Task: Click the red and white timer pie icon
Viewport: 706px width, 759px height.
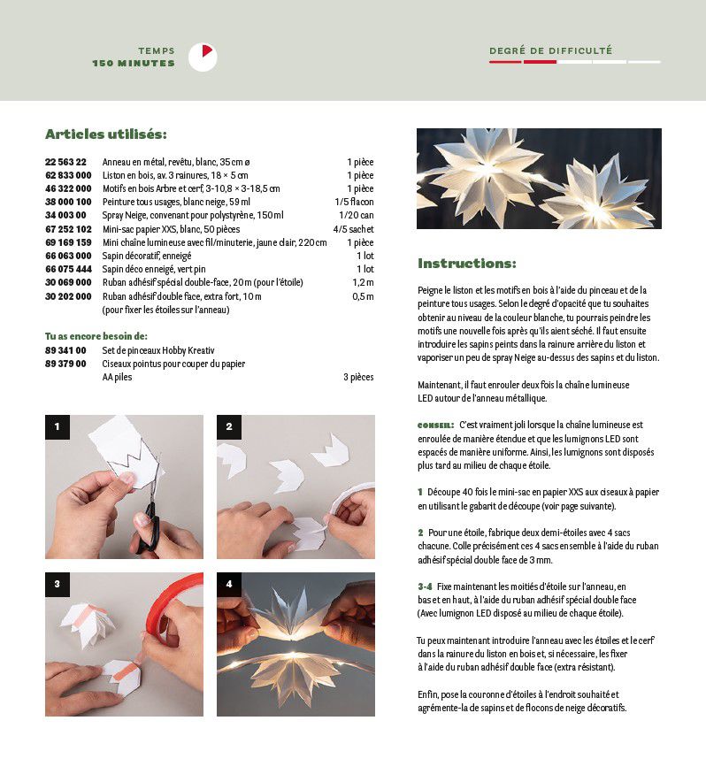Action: [x=203, y=57]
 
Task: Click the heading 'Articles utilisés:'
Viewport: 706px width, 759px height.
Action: [x=105, y=134]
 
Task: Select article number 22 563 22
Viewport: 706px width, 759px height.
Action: [x=65, y=163]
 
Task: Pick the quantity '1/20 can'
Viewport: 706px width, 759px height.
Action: [x=357, y=215]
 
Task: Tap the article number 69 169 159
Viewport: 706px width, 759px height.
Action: [x=68, y=242]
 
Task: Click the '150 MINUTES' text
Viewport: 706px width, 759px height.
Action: [x=134, y=64]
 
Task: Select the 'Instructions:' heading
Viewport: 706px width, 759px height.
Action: [x=466, y=264]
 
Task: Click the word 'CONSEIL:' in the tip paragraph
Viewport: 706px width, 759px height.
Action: [x=435, y=425]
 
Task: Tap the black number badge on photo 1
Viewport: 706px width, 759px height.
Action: [x=58, y=427]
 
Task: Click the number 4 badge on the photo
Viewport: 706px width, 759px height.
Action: [x=229, y=585]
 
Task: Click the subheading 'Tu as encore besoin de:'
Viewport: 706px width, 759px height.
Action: [x=96, y=336]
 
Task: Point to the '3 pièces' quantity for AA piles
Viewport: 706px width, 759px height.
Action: [x=357, y=377]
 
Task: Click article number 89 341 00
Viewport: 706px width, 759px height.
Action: [x=65, y=350]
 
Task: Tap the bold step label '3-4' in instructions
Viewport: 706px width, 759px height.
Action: [x=425, y=586]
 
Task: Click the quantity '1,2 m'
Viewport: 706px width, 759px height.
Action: [x=363, y=282]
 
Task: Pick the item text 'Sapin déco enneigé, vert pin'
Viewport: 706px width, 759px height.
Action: [x=153, y=269]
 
